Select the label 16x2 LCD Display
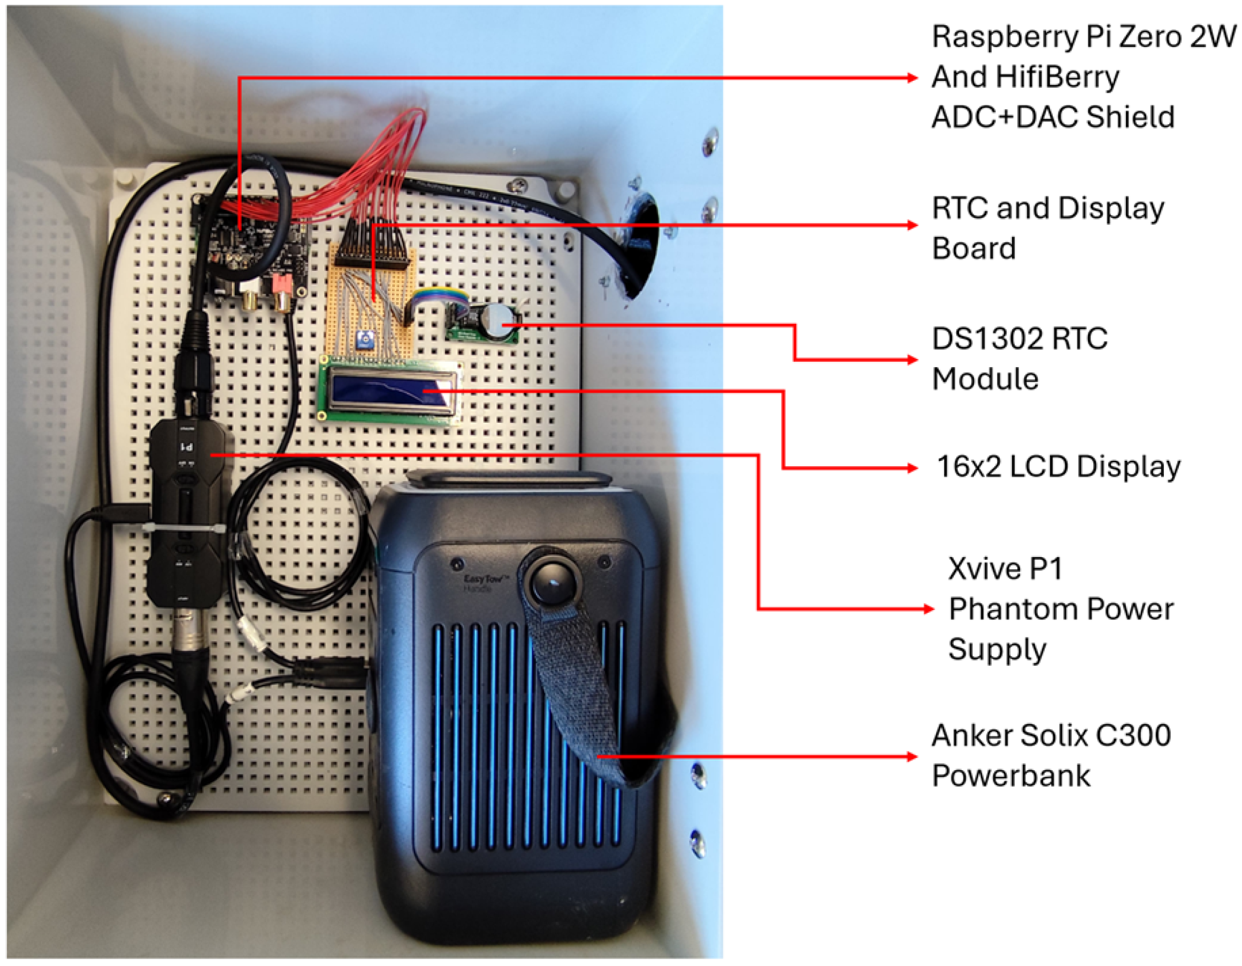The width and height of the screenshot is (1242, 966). [1059, 467]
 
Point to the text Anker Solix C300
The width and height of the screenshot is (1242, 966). [1051, 735]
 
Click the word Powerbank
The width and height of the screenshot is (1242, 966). [1010, 776]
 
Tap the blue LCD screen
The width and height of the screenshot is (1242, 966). [389, 390]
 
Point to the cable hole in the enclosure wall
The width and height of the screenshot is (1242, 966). [642, 245]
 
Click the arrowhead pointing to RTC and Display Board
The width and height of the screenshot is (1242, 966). [912, 225]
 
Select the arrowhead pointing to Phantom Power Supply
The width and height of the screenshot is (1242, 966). [928, 609]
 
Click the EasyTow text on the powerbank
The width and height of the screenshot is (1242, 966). [486, 581]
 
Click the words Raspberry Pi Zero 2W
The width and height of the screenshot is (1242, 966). [1083, 37]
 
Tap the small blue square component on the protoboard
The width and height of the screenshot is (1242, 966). [364, 340]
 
